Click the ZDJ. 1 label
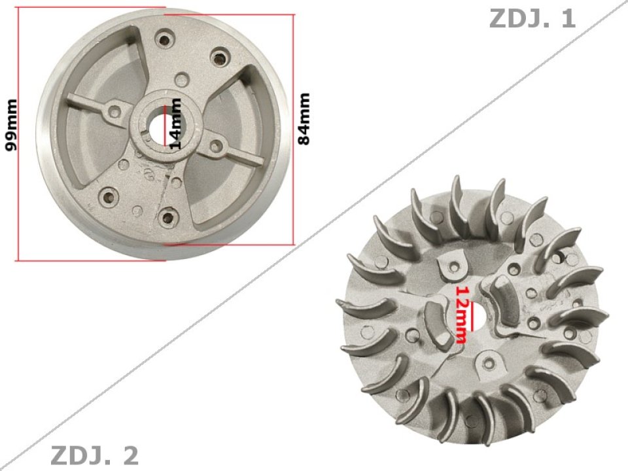coord(532,18)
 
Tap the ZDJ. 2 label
coord(94,455)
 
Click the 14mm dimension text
coord(175,124)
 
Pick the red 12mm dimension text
coord(462,314)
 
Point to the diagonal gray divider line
coord(314,235)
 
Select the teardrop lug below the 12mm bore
coord(487,359)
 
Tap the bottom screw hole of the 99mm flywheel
coord(169,217)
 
